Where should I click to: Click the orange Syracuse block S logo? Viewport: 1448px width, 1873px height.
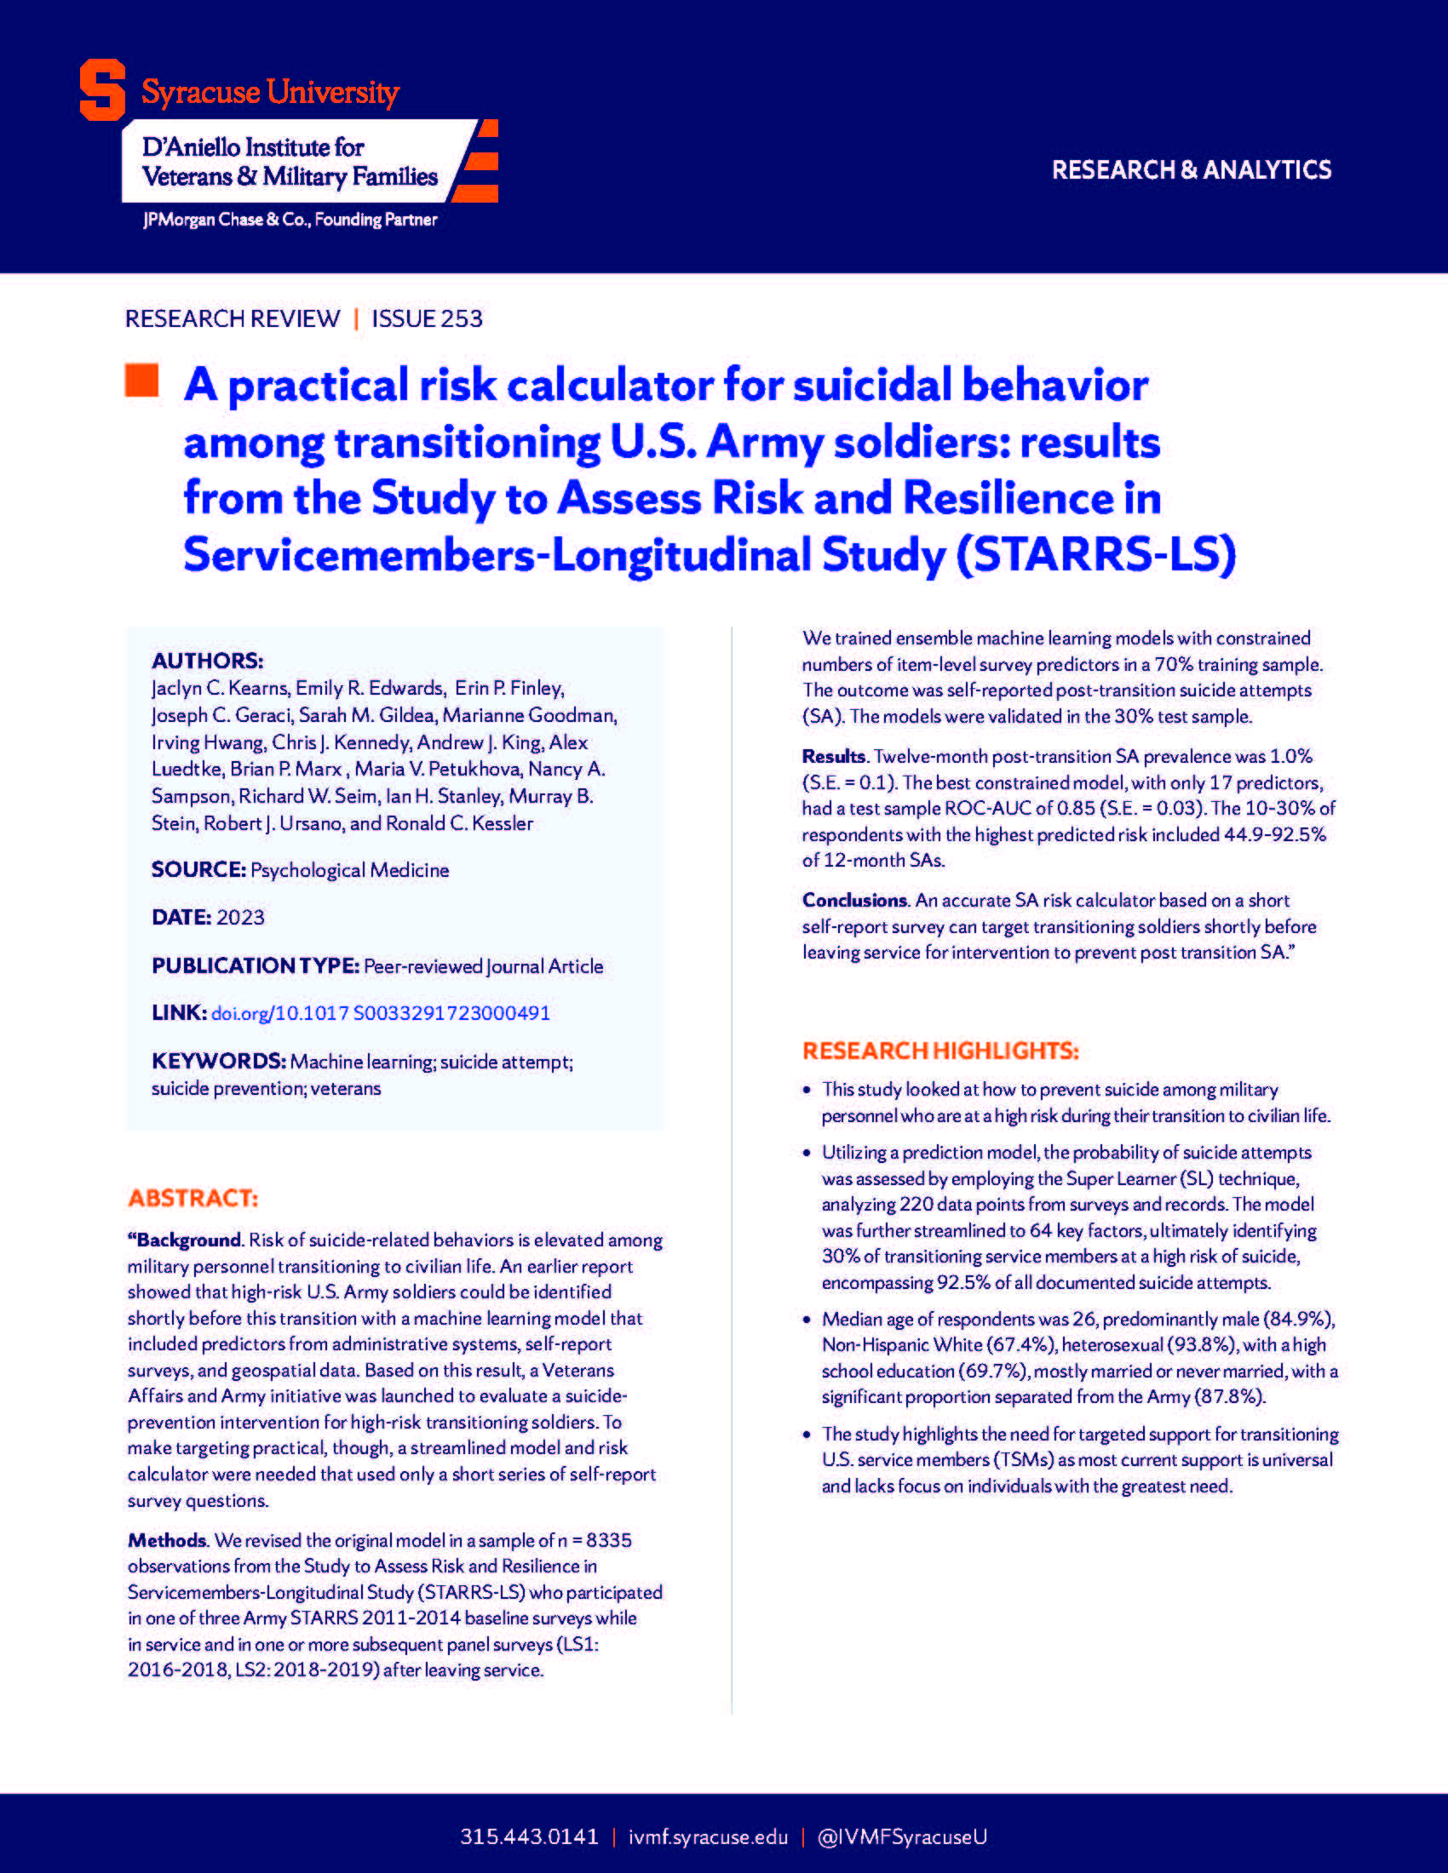coord(102,90)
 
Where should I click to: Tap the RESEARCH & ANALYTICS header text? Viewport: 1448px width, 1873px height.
coord(1191,169)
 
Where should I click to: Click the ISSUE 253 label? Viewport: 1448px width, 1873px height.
coord(427,318)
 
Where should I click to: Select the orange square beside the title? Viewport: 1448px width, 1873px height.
coord(141,381)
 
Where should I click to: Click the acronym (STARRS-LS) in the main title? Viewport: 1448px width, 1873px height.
coord(1095,554)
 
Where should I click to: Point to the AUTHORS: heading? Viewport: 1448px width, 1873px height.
coord(207,661)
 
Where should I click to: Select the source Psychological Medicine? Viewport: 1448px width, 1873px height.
coord(349,869)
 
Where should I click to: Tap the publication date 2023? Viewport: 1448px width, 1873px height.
coord(240,917)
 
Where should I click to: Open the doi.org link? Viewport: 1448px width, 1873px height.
coord(380,1013)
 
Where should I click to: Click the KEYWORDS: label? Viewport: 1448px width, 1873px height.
coord(218,1061)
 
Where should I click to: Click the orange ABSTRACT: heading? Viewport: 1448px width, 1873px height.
coord(193,1198)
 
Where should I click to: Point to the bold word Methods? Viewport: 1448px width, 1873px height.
coord(167,1540)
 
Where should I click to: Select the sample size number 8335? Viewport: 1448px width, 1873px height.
coord(608,1540)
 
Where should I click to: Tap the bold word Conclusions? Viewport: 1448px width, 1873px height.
coord(854,900)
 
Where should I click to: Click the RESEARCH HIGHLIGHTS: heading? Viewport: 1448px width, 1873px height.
coord(940,1051)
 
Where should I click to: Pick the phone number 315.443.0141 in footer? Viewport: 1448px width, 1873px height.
coord(528,1836)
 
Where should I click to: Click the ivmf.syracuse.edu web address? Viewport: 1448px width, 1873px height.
coord(708,1836)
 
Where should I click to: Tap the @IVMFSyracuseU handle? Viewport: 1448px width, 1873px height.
coord(901,1836)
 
